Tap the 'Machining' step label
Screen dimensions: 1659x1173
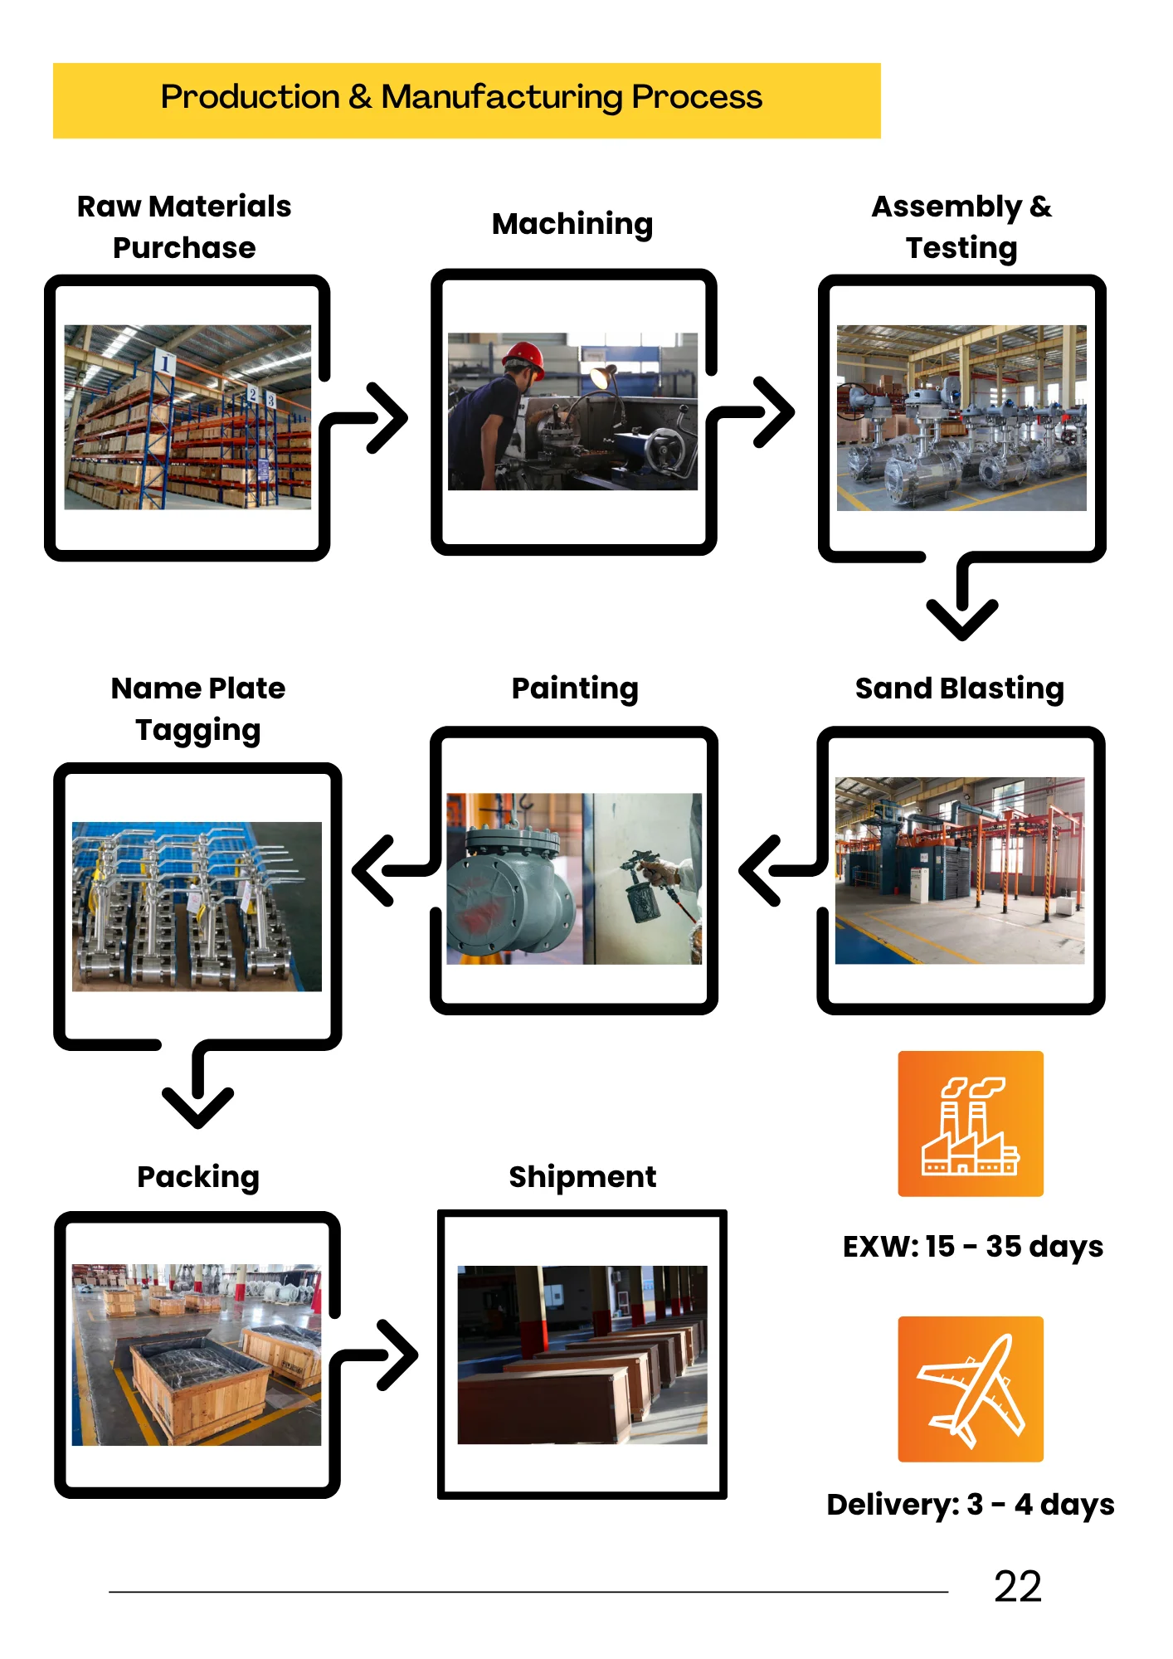572,224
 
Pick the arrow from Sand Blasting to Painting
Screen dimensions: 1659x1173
780,870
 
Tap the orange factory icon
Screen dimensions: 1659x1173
971,1123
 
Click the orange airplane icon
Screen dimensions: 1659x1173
971,1389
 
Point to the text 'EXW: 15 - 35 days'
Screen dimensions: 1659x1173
972,1246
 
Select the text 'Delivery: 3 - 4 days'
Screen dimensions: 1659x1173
970,1504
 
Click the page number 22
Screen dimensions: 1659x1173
1017,1587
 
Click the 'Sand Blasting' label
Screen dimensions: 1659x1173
959,688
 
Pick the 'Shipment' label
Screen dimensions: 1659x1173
582,1177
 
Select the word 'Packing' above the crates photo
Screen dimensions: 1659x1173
198,1177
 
